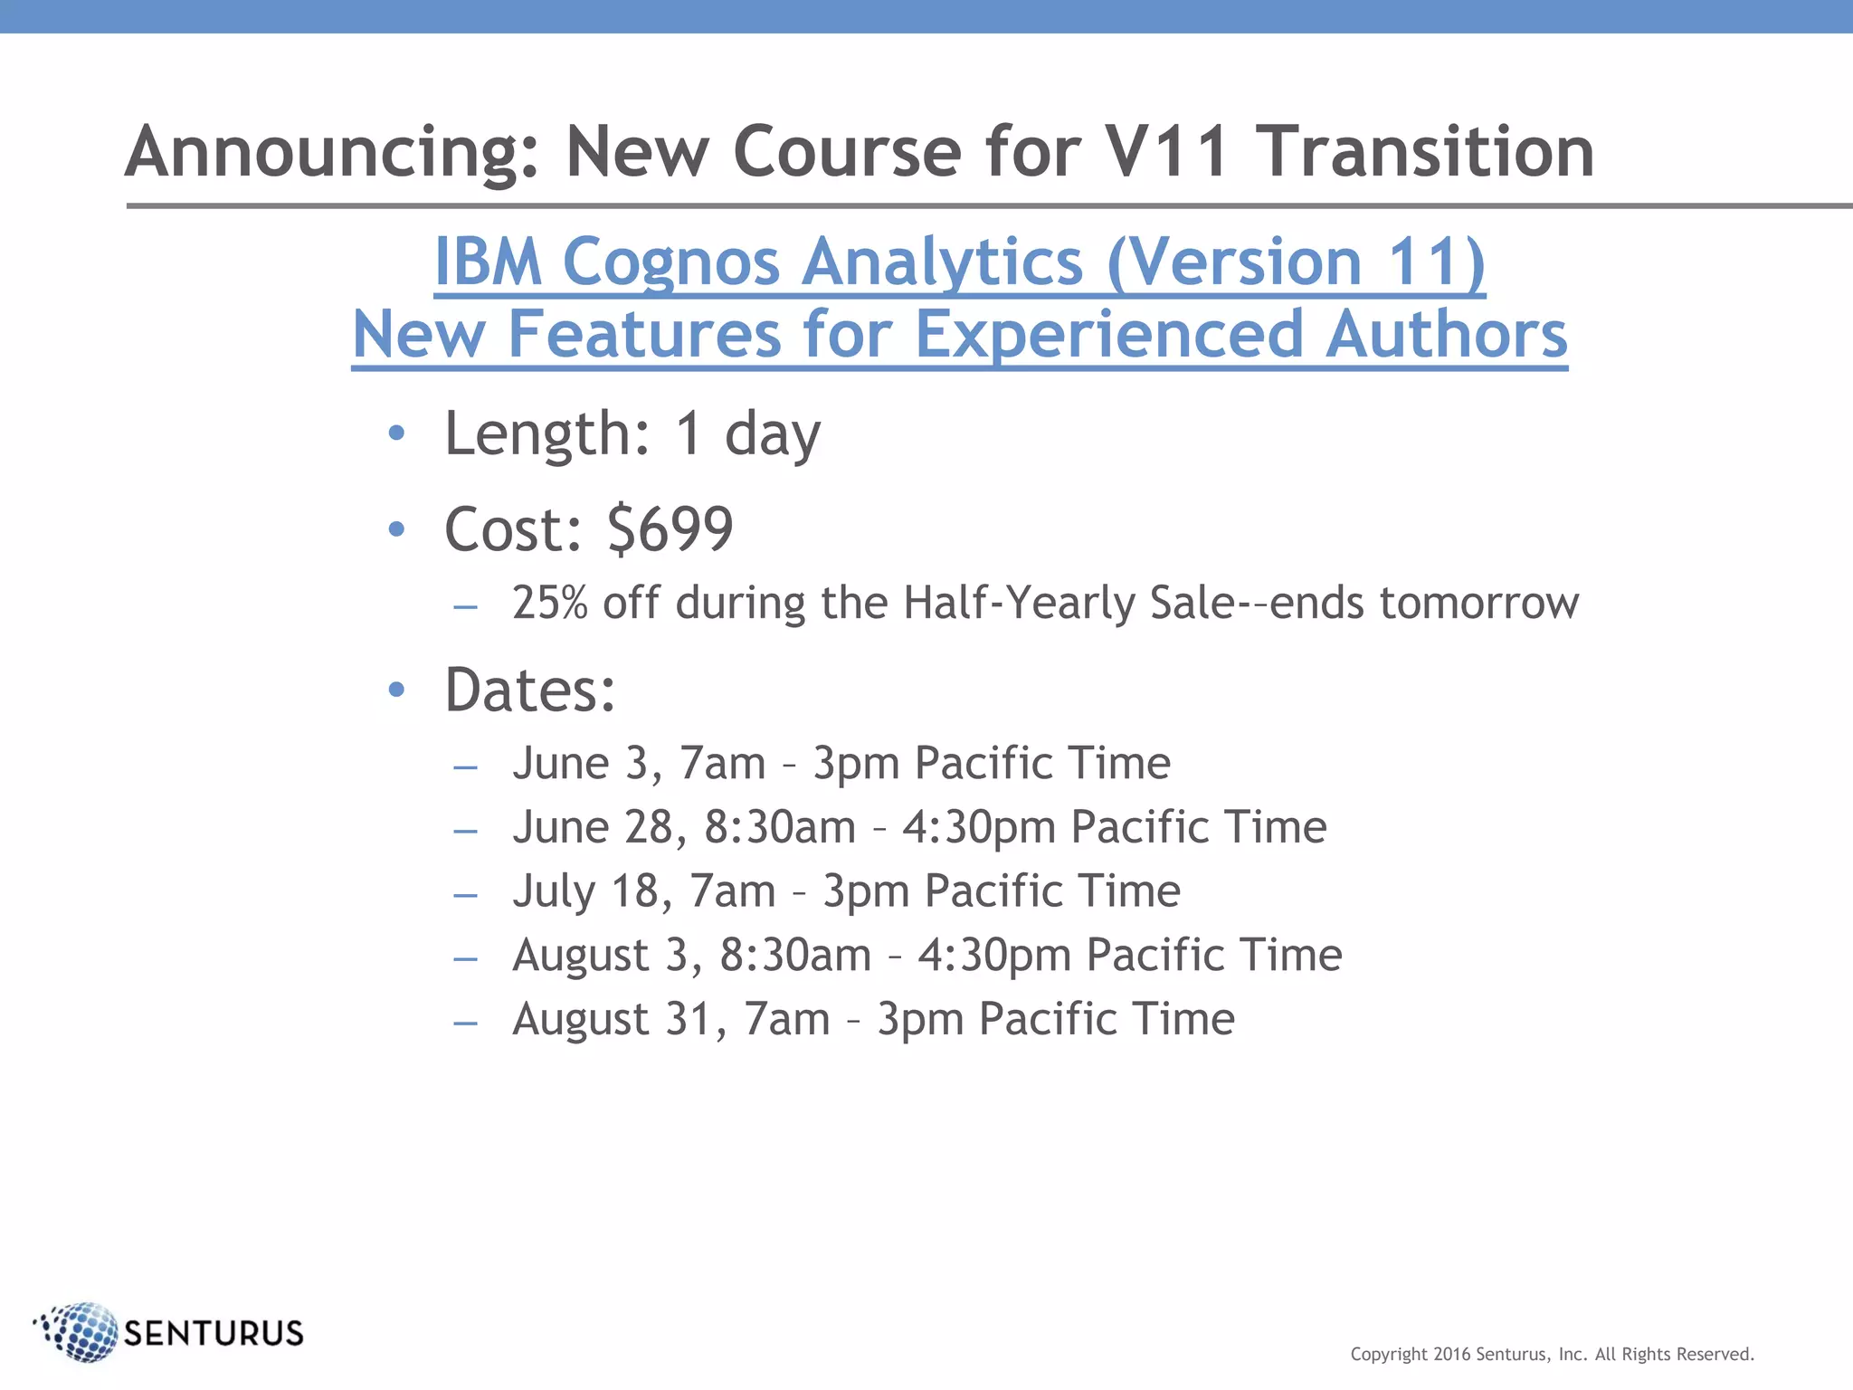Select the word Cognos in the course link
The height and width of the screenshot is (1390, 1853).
(x=670, y=262)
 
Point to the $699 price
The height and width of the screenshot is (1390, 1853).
(x=670, y=529)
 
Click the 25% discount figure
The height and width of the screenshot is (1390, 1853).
(x=549, y=603)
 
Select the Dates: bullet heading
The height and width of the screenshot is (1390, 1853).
(x=530, y=690)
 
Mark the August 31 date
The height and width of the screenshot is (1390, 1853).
(x=619, y=1020)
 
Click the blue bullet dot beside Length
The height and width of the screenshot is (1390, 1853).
(x=395, y=434)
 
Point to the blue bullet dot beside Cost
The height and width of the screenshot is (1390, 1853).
(x=395, y=529)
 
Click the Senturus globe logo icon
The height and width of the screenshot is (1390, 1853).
(x=80, y=1331)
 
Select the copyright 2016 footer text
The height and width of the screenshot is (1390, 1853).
(x=1552, y=1355)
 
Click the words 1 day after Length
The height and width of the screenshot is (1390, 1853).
(x=747, y=434)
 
